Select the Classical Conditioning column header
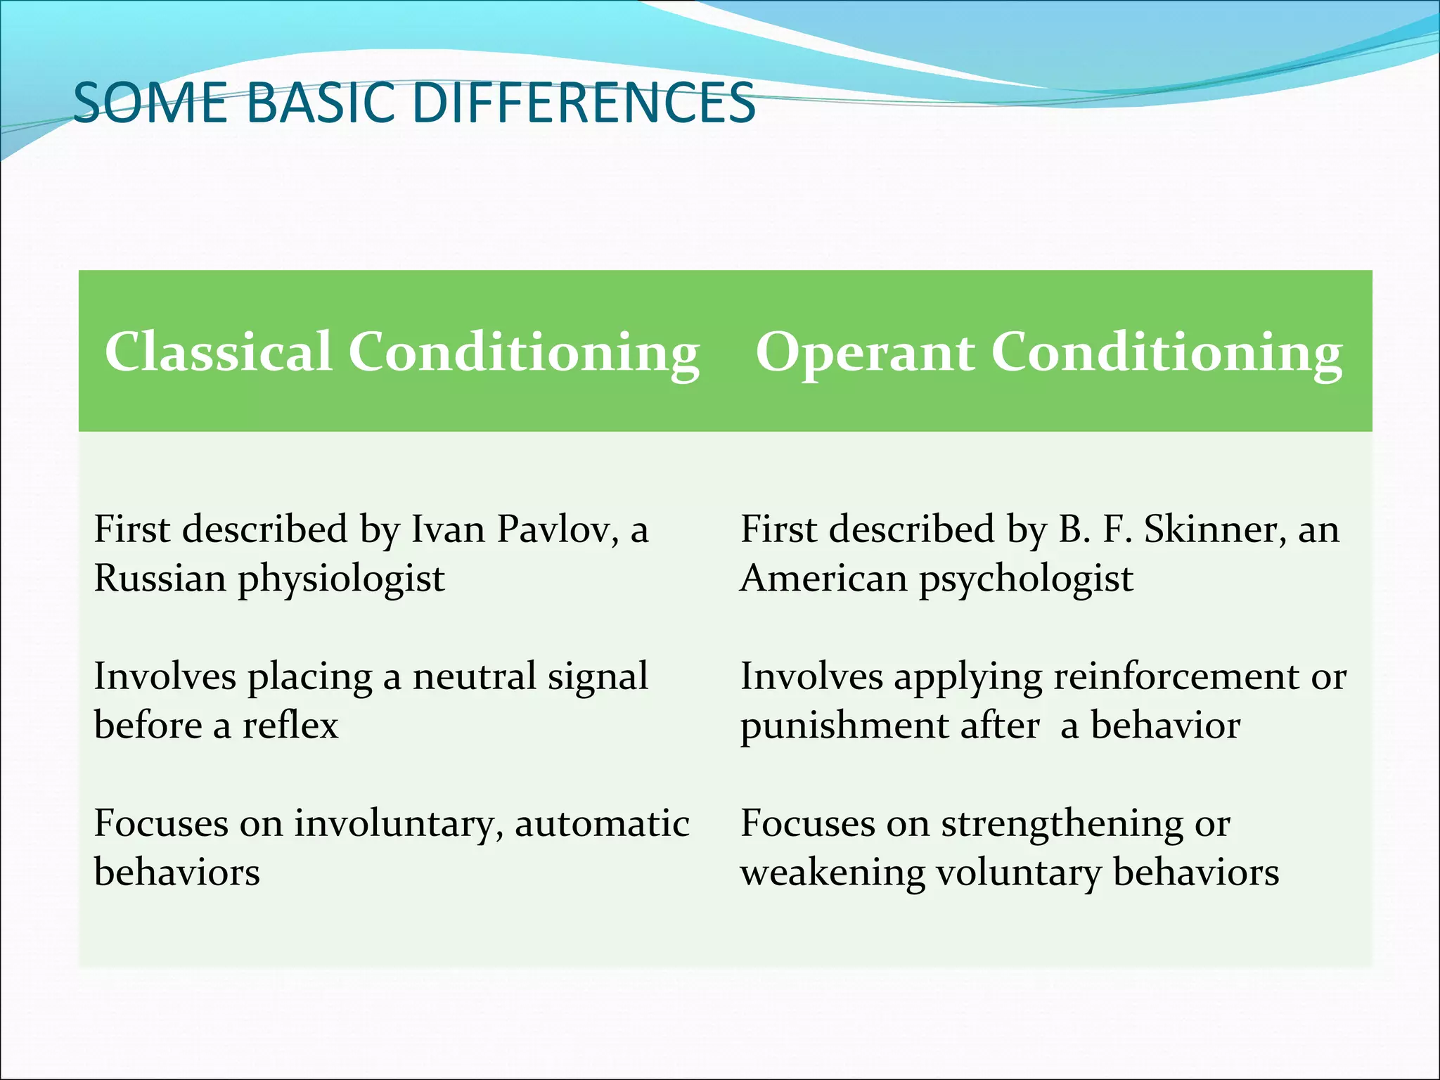(401, 352)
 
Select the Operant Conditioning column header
(1048, 352)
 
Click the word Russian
(160, 578)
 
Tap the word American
(823, 578)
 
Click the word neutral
(474, 676)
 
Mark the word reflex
(290, 726)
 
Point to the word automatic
(602, 824)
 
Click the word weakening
(832, 874)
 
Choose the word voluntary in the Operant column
(1019, 874)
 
